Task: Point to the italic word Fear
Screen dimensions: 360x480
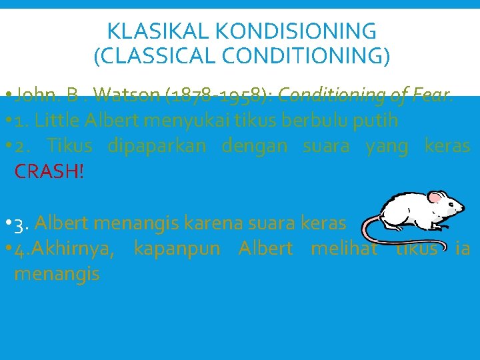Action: [433, 96]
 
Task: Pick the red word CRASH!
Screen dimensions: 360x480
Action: [49, 171]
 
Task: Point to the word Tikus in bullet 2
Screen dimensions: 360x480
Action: [70, 145]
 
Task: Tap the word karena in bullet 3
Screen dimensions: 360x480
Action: [207, 223]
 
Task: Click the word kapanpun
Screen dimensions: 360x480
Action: [177, 248]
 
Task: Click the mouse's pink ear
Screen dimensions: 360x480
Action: [436, 197]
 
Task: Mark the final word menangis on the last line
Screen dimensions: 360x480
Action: [57, 273]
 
